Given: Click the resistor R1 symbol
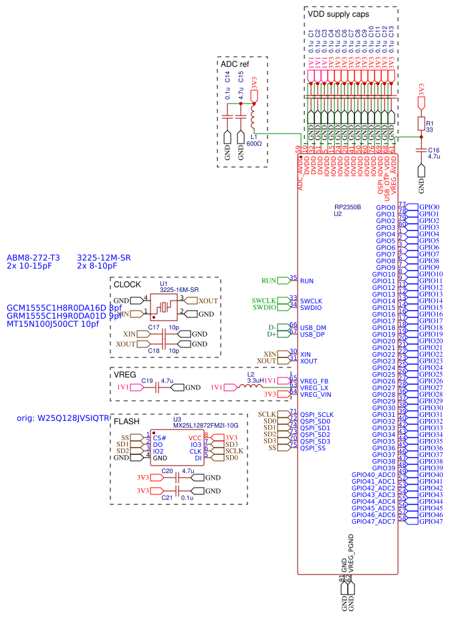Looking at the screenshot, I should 421,124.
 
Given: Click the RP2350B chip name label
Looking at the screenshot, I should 348,207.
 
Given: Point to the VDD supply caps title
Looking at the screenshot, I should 338,13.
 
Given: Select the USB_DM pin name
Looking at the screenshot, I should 313,327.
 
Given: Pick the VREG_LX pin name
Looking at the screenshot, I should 314,388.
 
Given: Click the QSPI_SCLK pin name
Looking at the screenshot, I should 316,414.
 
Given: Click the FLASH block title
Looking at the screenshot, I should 127,422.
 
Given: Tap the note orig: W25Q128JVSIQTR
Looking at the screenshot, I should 62,418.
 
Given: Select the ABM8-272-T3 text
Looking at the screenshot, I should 33,257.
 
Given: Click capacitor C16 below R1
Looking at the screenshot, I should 421,150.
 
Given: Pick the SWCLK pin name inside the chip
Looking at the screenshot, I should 311,301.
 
